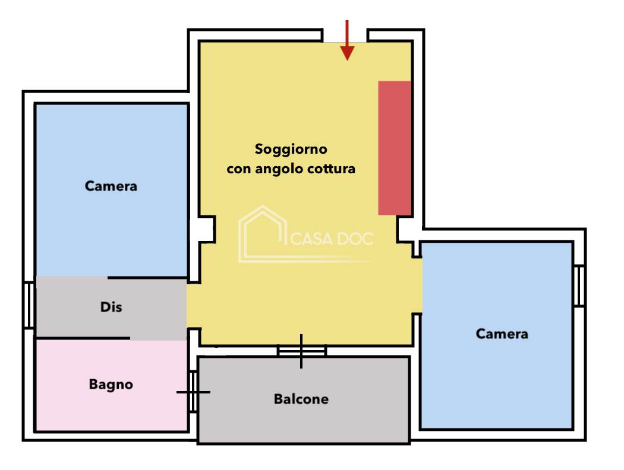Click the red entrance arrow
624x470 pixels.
(347, 42)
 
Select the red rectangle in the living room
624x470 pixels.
(395, 148)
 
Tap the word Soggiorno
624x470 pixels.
(291, 148)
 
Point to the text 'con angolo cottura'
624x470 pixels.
(291, 169)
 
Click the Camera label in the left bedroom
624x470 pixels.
(111, 186)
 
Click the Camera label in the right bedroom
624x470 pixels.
(502, 334)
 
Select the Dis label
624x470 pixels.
(111, 307)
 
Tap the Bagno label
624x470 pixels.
(111, 385)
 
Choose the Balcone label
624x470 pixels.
(301, 399)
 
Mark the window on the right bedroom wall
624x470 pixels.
(579, 285)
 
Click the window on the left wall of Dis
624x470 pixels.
(28, 306)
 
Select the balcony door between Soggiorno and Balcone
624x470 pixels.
(301, 351)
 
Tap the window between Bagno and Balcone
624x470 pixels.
(193, 392)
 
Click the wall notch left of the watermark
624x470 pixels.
(204, 229)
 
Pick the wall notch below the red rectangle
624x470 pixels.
(406, 229)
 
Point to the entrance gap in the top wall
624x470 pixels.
(345, 34)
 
